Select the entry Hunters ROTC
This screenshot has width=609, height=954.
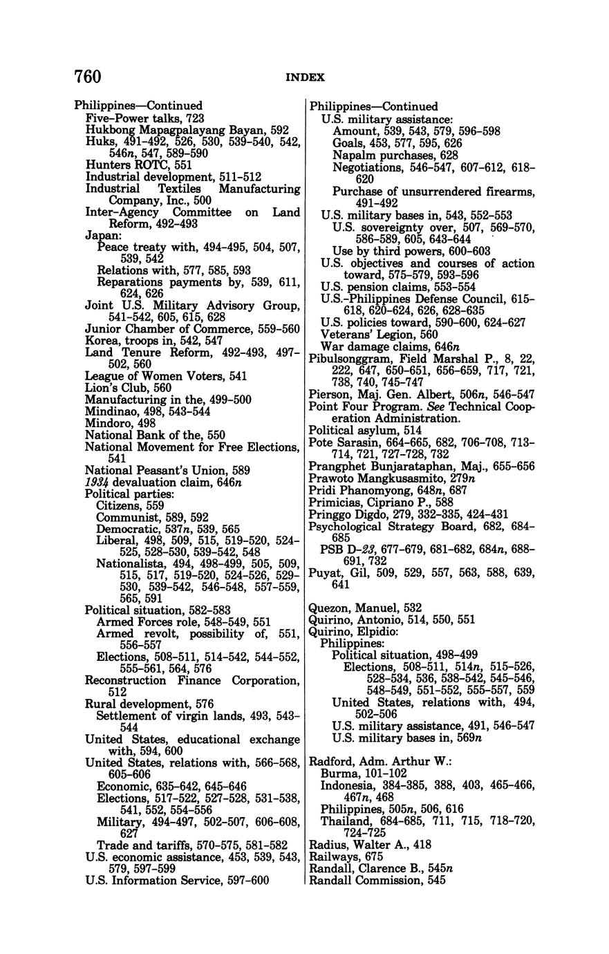129,165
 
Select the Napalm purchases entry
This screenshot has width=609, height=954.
386,155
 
